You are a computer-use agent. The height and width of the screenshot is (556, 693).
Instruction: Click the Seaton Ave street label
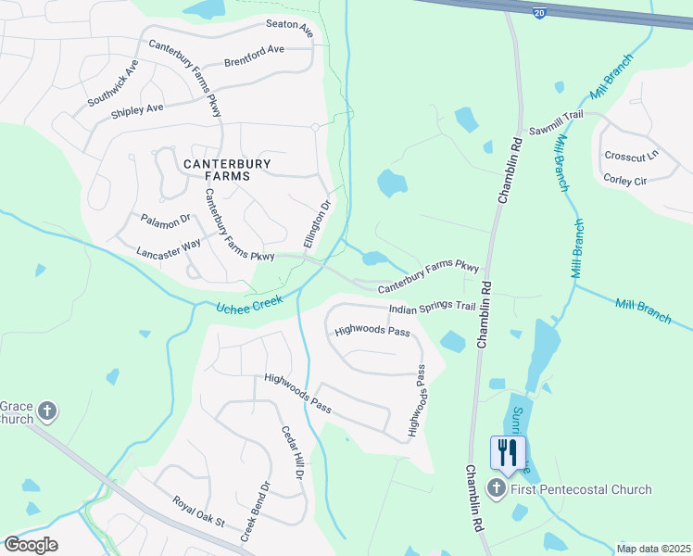coord(290,29)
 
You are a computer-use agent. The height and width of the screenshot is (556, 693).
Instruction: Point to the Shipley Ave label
coord(136,108)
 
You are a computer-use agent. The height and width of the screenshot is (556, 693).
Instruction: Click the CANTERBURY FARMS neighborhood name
coord(227,171)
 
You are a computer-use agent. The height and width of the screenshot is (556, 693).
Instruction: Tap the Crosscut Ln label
coord(629,157)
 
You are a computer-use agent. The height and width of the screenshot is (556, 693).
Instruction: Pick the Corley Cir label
coord(624,180)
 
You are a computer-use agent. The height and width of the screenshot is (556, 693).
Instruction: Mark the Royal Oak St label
coord(199,511)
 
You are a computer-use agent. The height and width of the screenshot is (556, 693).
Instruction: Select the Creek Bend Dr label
coord(255,511)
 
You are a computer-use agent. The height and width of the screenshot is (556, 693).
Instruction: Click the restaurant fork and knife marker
coord(508,452)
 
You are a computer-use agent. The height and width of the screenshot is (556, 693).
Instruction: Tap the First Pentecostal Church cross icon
coord(497,489)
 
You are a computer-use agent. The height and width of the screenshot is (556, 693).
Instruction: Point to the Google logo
coord(31,544)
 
